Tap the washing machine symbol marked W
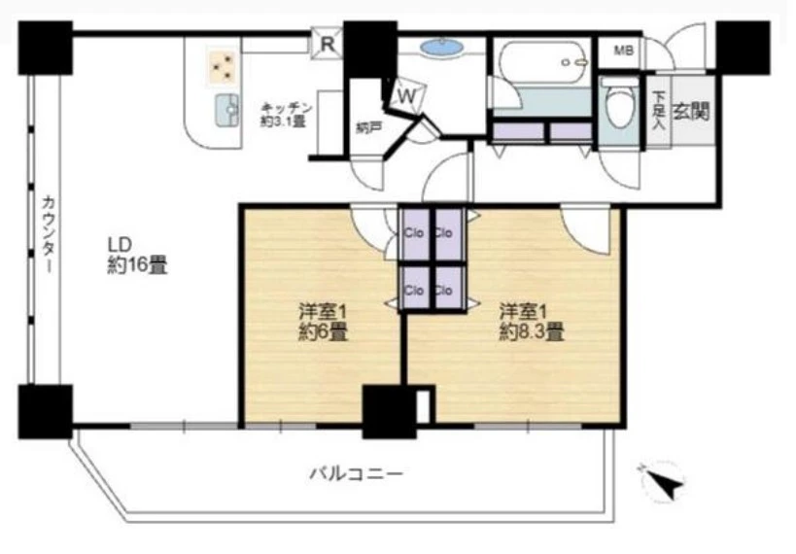coord(405,95)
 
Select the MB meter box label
coord(618,51)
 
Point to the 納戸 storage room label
coord(367,126)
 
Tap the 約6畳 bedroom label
coord(322,322)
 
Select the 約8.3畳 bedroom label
coord(531,322)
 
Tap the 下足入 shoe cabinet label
coord(658,109)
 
